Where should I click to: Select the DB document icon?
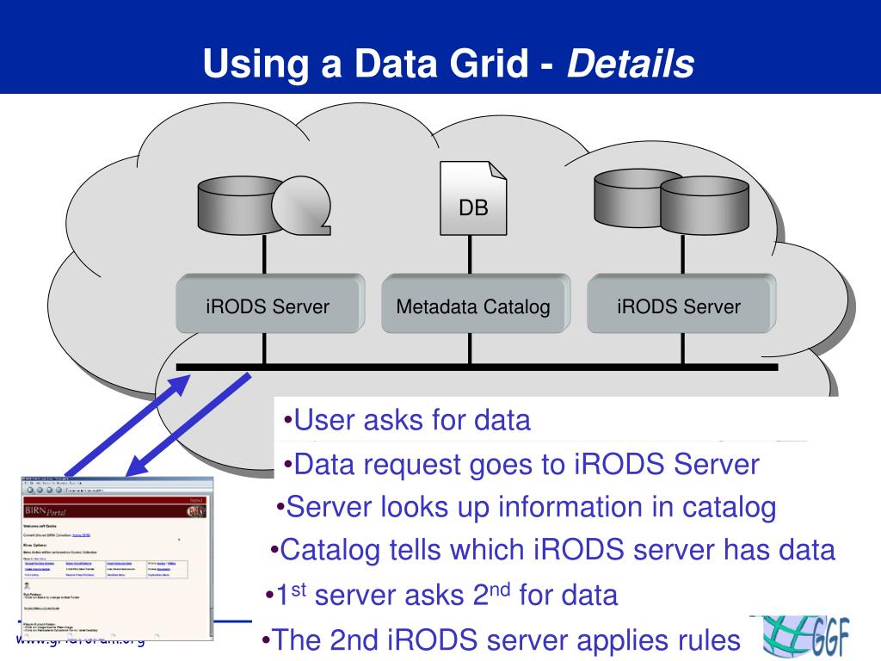coord(472,199)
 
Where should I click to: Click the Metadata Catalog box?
coord(472,306)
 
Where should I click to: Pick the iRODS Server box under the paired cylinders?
coord(678,306)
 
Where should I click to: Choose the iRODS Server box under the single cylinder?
coord(268,306)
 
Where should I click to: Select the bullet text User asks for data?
coord(411,420)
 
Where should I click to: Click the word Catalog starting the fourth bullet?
coord(331,550)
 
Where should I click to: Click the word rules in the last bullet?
coord(710,640)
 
